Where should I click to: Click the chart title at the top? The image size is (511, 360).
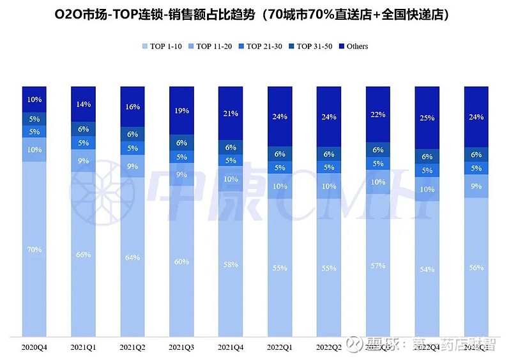256,14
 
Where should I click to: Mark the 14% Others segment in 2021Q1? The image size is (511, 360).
84,103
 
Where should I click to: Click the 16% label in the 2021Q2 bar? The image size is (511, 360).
133,107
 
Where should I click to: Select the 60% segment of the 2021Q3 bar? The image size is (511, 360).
182,260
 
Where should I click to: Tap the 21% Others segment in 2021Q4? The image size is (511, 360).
231,114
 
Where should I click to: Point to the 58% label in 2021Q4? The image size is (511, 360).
231,264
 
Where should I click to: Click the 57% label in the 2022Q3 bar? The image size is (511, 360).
378,266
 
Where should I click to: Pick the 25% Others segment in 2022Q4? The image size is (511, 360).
427,118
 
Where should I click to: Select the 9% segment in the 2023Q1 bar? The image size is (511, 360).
477,187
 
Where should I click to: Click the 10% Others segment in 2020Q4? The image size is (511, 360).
34,100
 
